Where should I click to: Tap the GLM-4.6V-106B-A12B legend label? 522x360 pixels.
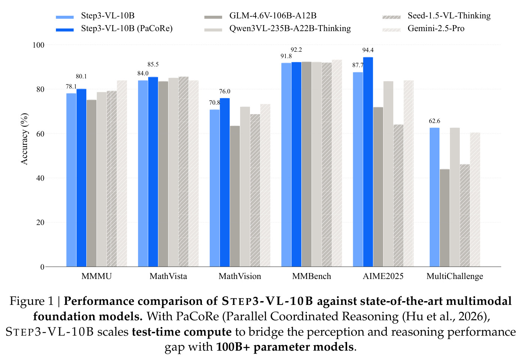273,16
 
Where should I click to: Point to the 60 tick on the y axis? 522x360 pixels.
40,134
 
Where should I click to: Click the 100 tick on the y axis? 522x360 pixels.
38,45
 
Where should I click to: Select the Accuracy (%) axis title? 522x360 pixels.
24,139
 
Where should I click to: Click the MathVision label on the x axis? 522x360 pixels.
240,276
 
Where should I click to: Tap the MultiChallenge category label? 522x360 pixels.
455,276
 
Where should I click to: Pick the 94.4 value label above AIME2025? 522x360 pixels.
368,50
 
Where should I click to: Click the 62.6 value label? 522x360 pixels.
435,121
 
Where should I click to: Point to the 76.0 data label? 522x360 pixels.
225,91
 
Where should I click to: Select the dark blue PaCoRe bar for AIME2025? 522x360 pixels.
368,162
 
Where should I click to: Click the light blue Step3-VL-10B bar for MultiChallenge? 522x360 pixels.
435,197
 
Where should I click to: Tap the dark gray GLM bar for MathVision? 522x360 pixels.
235,196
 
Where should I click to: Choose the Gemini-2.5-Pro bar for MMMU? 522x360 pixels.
122,174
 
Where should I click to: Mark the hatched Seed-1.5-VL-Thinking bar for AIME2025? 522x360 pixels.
399,196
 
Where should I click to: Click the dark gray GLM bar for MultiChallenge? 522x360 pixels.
445,218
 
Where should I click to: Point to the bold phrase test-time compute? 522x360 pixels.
182,332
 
